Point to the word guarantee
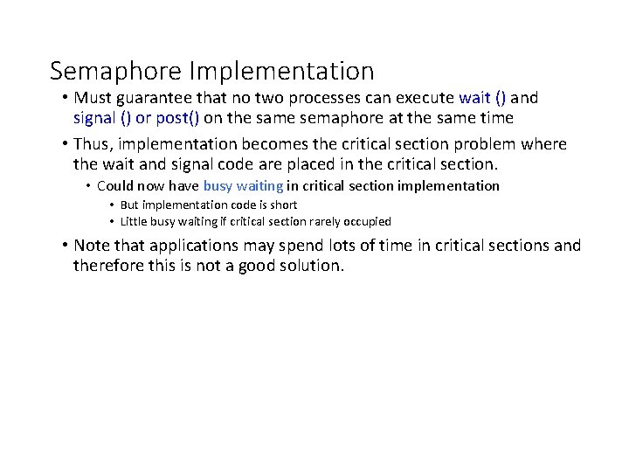pyautogui.click(x=153, y=98)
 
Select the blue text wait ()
pyautogui.click(x=482, y=98)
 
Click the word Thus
pyautogui.click(x=93, y=144)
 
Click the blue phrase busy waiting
pyautogui.click(x=243, y=185)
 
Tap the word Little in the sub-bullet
pyautogui.click(x=135, y=221)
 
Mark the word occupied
pyautogui.click(x=367, y=221)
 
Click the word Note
pyautogui.click(x=92, y=246)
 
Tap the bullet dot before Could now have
pyautogui.click(x=88, y=186)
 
